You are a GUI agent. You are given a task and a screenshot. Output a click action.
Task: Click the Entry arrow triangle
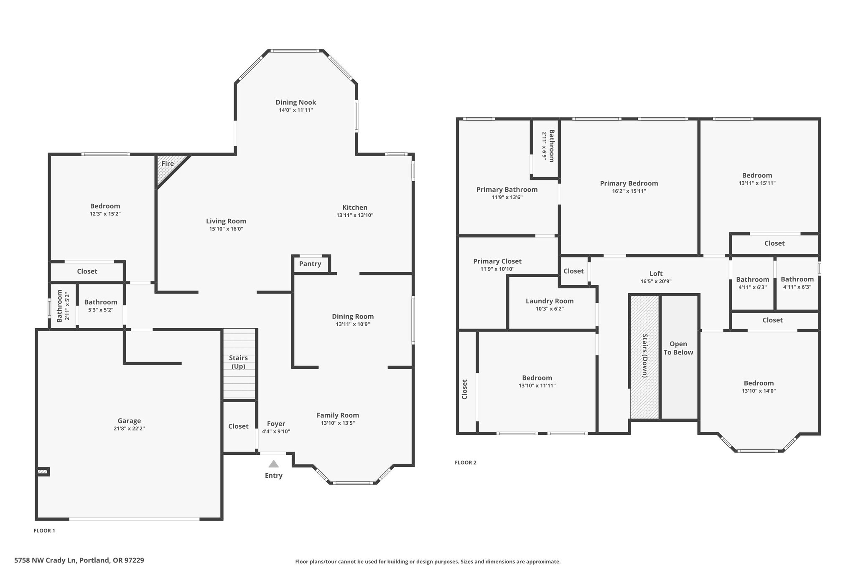274,464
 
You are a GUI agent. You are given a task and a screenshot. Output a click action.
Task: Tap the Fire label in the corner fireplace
168,164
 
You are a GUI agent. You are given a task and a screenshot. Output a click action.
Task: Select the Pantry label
310,264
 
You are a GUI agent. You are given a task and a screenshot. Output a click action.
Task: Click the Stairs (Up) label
238,362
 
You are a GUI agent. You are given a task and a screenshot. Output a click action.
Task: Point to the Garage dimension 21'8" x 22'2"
129,428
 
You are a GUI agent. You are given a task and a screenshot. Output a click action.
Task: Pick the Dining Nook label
296,102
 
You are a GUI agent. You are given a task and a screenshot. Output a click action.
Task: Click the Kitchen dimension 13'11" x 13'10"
355,215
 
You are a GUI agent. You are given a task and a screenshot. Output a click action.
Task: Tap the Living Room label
226,221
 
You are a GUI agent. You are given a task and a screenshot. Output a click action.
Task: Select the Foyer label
276,424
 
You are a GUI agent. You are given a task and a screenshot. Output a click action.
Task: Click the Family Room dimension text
338,423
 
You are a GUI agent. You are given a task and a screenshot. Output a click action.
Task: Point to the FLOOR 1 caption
44,531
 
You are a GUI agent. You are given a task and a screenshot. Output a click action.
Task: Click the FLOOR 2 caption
466,462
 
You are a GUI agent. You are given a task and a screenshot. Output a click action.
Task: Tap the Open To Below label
678,348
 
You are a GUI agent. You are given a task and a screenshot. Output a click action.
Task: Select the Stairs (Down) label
645,356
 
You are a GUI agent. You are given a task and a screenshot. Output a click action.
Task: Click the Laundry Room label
550,301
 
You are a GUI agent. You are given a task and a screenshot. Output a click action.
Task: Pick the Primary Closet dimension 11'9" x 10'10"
497,269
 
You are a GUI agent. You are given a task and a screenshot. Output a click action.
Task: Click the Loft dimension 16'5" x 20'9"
656,281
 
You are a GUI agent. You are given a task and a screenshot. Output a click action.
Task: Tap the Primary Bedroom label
629,183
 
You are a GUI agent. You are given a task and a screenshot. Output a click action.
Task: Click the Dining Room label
353,317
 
